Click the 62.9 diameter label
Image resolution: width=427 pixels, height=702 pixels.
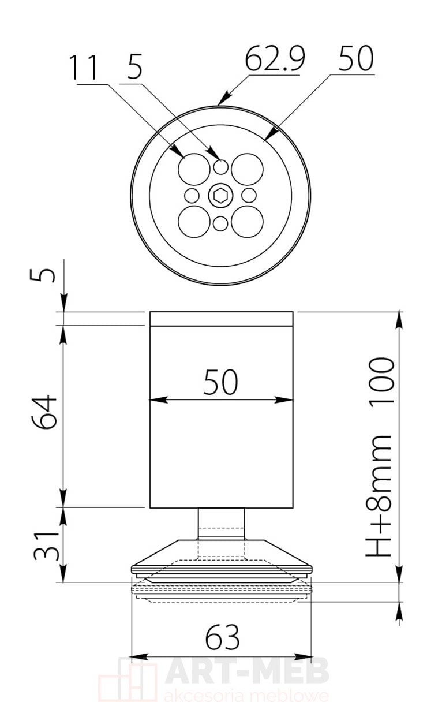(x=275, y=58)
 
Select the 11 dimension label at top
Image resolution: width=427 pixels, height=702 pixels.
(x=83, y=68)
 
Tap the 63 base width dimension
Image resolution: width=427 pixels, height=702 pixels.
(x=222, y=637)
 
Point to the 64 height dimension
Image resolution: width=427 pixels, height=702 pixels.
(x=44, y=412)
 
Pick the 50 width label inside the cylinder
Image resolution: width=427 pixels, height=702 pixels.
(x=220, y=382)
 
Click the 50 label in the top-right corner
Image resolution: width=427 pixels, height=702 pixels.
(x=356, y=58)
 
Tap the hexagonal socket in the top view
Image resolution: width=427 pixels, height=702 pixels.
(x=220, y=196)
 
